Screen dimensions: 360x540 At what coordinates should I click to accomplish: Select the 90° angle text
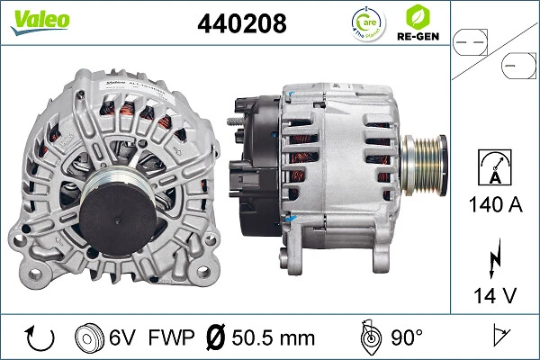[406, 338]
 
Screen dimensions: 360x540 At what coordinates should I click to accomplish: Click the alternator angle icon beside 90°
[368, 337]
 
